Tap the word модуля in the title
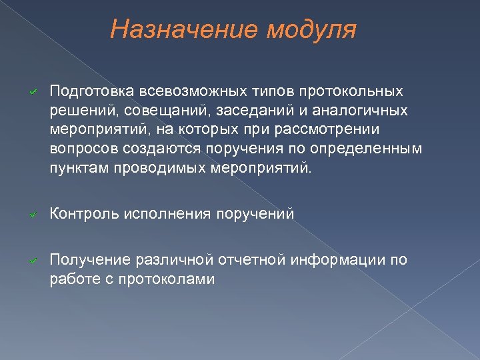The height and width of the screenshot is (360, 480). coord(311,30)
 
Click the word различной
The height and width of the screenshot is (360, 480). coord(176,260)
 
